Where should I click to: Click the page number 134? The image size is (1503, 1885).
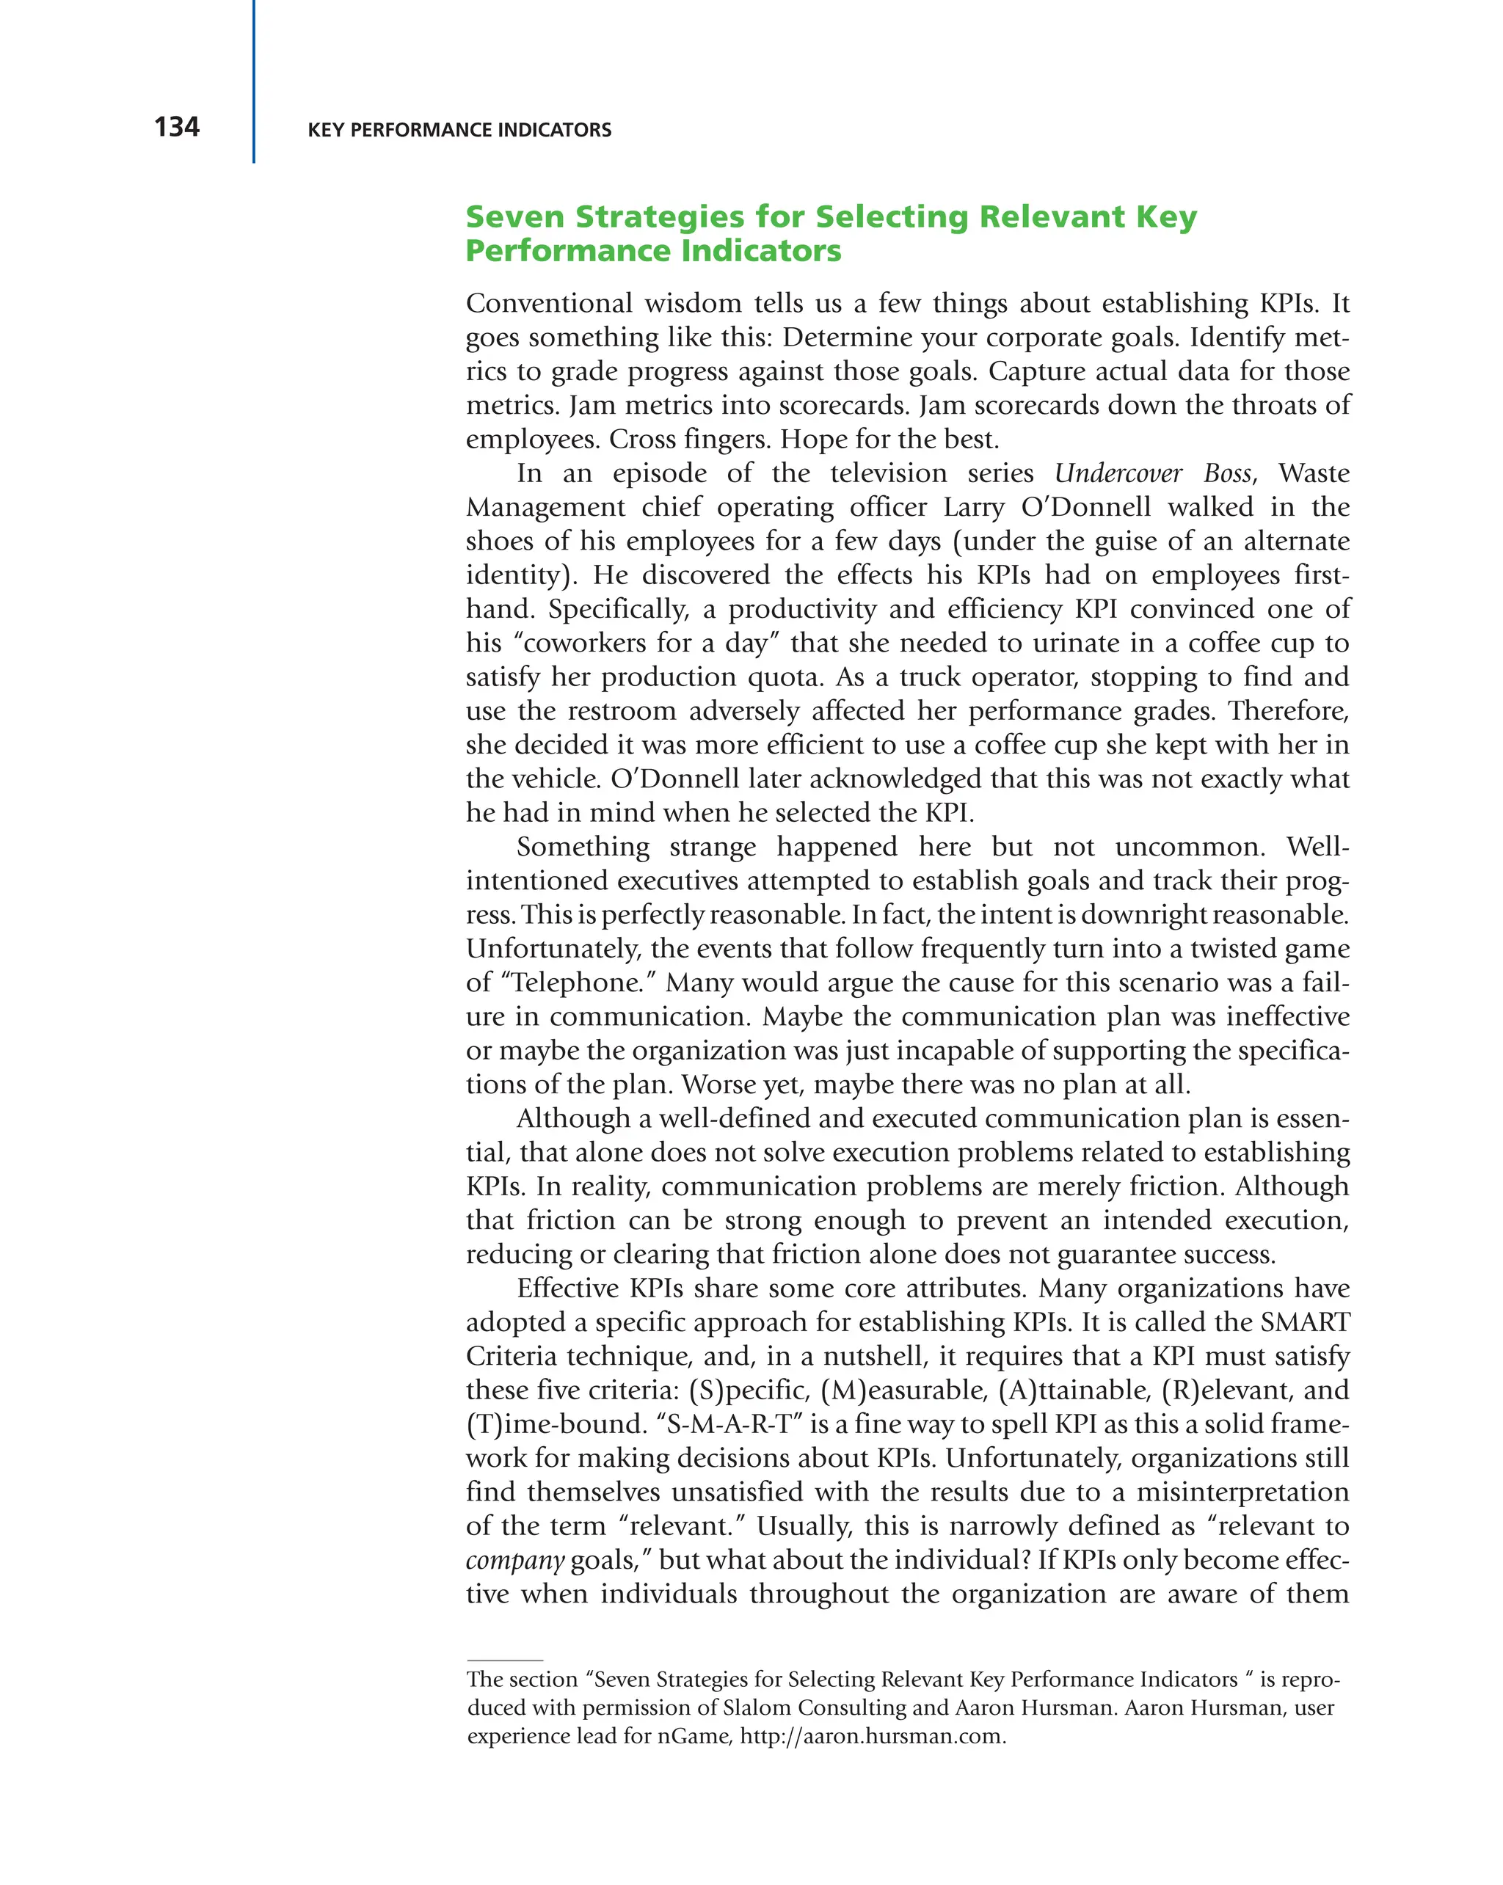coord(177,128)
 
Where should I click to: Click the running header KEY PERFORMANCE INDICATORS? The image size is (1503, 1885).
coord(459,131)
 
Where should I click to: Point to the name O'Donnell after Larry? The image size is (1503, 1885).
coord(1083,507)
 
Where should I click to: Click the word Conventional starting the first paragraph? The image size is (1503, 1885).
coord(548,303)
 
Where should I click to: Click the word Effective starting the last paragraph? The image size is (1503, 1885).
coord(567,1288)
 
